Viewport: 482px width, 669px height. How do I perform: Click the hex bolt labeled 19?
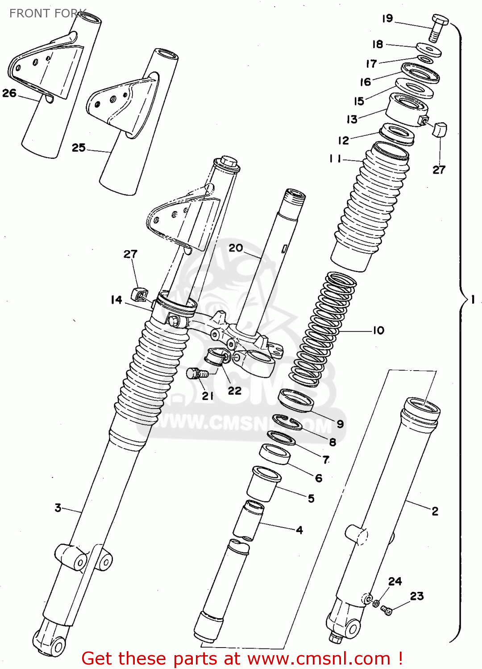coord(439,27)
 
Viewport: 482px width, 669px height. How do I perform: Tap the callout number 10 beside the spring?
coord(378,330)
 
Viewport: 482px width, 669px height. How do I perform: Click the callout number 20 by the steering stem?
coord(236,248)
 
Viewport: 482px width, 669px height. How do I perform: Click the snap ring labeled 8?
coord(287,421)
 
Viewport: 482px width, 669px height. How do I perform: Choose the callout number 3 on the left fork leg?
coord(58,508)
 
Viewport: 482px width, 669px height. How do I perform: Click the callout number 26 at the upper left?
coord(9,93)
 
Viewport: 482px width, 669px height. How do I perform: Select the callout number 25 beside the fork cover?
coord(79,148)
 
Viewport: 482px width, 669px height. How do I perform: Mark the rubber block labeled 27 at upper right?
coord(440,129)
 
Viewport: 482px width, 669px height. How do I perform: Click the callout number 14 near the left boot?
coord(116,300)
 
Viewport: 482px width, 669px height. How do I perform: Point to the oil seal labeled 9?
coord(295,400)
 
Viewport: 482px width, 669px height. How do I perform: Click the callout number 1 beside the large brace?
coord(473,300)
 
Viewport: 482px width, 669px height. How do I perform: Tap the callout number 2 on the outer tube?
coord(435,511)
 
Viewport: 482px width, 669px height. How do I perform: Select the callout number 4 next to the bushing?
coord(299,530)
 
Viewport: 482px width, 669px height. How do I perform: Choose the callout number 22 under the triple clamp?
coord(235,391)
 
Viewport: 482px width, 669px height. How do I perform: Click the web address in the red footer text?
coord(319,658)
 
